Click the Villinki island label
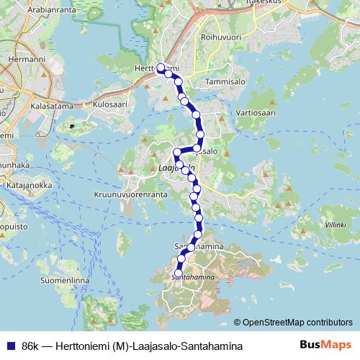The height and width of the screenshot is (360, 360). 335,225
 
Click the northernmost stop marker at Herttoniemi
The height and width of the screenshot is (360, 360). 161,68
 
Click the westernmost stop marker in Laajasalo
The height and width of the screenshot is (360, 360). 176,152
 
